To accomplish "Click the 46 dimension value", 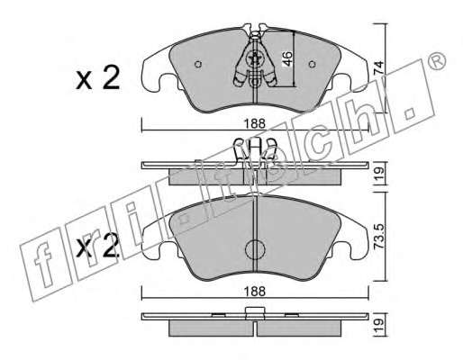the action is point(287,58).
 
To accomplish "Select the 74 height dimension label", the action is point(378,68).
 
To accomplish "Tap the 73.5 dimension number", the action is point(378,236).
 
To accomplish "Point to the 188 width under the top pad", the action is point(254,123).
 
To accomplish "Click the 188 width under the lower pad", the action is point(254,291).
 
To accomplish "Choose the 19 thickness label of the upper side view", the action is point(378,173).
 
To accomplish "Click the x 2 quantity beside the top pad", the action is point(97,78).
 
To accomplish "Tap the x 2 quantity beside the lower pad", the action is point(97,247).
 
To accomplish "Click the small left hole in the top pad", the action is point(198,64).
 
